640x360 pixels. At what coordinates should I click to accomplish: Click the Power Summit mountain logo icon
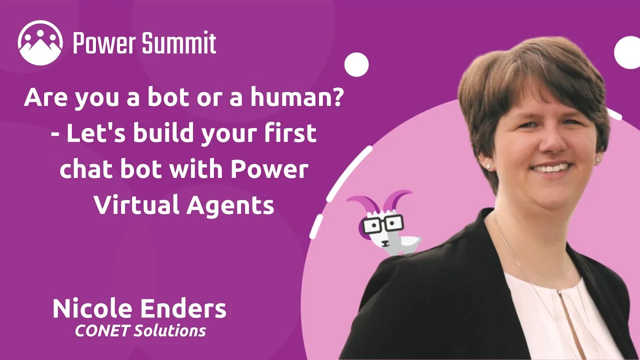tap(40, 43)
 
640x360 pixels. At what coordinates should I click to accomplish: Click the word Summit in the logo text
tap(179, 42)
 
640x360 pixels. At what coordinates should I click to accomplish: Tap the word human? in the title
tap(296, 97)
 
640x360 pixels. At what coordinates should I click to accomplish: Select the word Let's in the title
tap(96, 133)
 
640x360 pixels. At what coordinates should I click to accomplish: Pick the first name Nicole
tap(92, 308)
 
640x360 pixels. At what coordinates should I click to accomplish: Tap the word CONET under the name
tap(101, 331)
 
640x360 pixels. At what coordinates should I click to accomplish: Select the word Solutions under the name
tap(169, 331)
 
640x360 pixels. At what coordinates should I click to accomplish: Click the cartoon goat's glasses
tap(383, 224)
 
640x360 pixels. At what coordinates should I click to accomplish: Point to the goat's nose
tap(385, 243)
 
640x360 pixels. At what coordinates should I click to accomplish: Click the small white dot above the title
tap(356, 64)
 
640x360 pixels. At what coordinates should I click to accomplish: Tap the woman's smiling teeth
tap(552, 167)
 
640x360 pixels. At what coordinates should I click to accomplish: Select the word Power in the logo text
tap(105, 43)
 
